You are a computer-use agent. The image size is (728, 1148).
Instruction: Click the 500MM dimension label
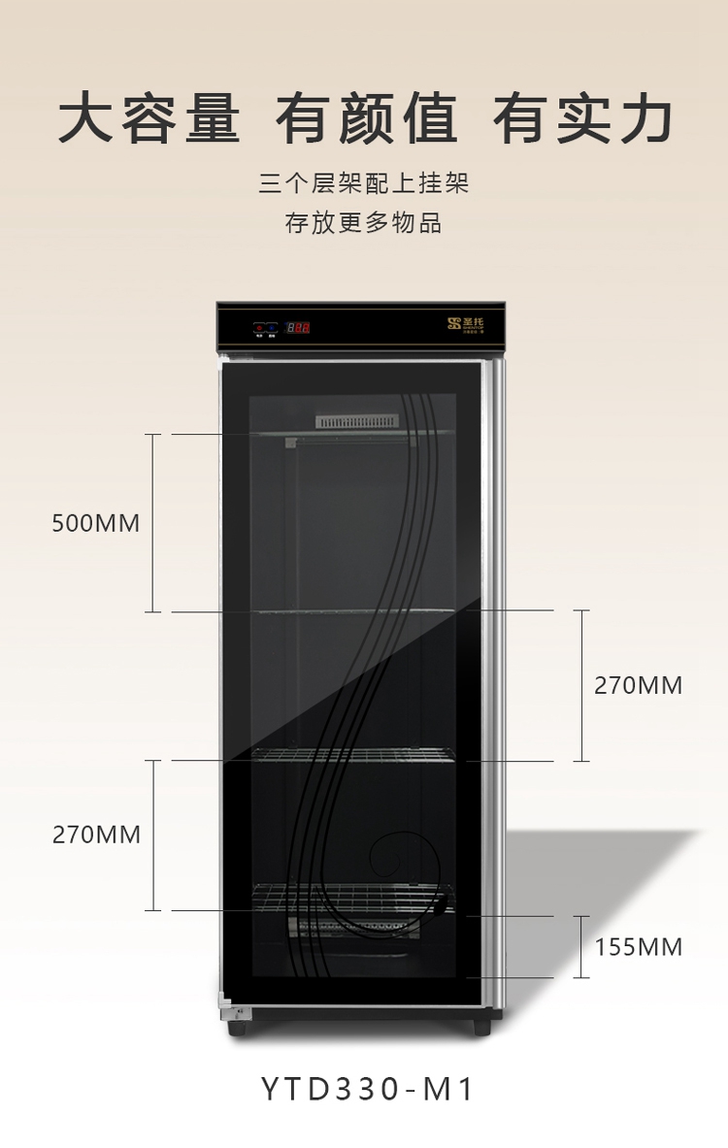click(x=96, y=524)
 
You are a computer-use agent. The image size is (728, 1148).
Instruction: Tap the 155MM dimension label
click(x=639, y=946)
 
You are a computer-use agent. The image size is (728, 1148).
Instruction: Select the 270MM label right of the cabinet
click(x=639, y=685)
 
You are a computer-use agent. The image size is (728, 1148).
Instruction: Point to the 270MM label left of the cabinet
click(x=96, y=835)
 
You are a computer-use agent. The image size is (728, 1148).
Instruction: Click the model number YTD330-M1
click(x=368, y=1089)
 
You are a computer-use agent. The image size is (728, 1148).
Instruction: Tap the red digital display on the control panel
click(x=297, y=327)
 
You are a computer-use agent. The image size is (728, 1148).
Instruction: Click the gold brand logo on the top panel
click(x=473, y=323)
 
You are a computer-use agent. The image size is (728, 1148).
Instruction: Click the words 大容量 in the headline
click(x=149, y=120)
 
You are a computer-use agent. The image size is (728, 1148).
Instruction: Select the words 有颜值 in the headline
click(x=366, y=120)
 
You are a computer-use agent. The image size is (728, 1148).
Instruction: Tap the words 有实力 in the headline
click(x=582, y=120)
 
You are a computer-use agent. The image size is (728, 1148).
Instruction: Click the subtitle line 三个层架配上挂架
click(x=364, y=183)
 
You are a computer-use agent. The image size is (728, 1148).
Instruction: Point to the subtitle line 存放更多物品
click(x=364, y=223)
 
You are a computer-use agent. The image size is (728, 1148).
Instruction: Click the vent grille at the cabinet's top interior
click(x=356, y=421)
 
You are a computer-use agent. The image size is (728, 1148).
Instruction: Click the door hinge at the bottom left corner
click(x=234, y=1012)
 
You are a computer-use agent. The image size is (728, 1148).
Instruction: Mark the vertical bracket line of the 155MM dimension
click(x=581, y=946)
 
